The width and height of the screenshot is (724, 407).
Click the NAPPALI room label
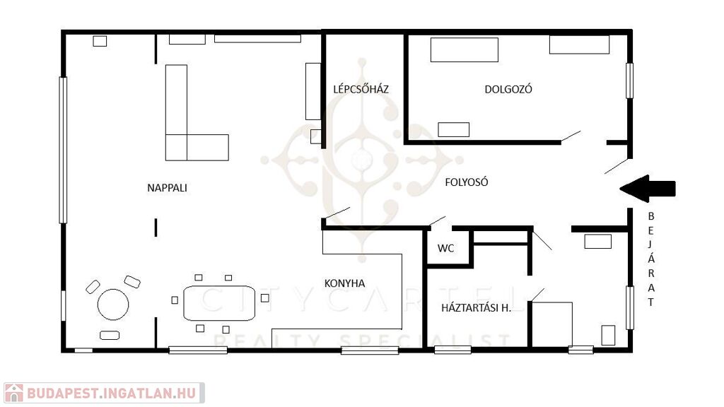(x=167, y=188)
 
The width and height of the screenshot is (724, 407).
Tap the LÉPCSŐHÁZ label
(x=361, y=89)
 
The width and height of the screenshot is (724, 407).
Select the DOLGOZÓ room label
(x=508, y=89)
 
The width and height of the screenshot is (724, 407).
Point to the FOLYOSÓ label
(x=467, y=182)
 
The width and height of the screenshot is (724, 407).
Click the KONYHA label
(x=344, y=283)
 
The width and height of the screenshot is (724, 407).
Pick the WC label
(x=445, y=248)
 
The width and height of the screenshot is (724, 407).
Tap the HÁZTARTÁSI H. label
(x=476, y=308)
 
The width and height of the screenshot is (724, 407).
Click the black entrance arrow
(x=648, y=189)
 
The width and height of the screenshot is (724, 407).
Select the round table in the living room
(x=113, y=305)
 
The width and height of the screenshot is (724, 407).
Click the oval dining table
(x=219, y=303)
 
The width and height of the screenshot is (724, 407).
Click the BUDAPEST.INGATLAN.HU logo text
(x=111, y=393)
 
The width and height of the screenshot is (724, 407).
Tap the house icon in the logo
(x=14, y=393)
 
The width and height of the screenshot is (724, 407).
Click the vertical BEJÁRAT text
(x=651, y=259)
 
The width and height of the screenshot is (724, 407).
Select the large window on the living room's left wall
(x=63, y=151)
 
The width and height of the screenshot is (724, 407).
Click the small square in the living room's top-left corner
(x=100, y=41)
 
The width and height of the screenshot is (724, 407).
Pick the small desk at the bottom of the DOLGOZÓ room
(x=453, y=130)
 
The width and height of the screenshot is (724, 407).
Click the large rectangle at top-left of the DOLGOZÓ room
(x=465, y=50)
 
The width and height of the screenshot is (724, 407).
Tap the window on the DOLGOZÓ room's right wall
(x=629, y=81)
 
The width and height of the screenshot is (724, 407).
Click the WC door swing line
(x=437, y=220)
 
